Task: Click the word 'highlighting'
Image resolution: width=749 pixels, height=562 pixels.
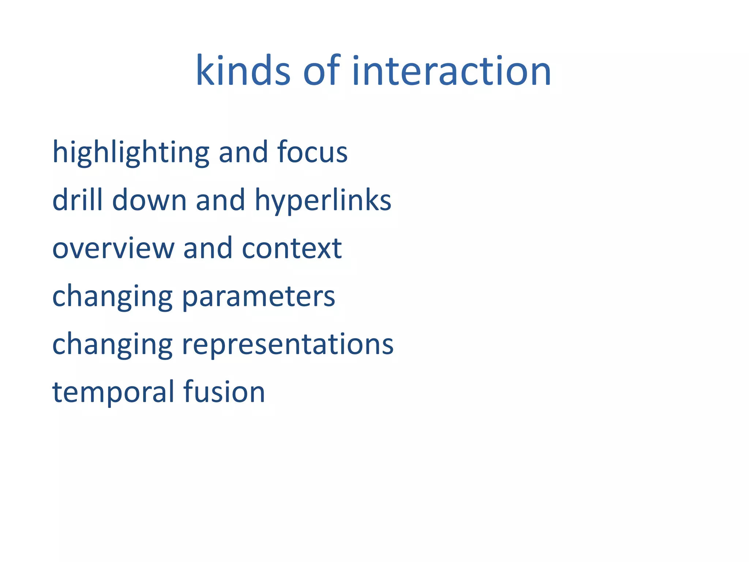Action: click(x=131, y=152)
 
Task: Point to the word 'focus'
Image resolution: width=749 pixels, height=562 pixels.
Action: click(x=312, y=152)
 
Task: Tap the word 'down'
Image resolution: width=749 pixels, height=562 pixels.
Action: click(x=150, y=200)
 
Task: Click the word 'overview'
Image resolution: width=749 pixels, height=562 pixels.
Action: click(x=113, y=248)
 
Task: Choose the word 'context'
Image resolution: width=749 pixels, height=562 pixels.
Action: click(x=292, y=248)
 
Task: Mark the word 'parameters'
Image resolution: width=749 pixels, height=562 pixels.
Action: click(x=259, y=297)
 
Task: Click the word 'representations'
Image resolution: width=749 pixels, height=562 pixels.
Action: click(x=287, y=345)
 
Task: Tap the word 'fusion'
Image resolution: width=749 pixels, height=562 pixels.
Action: click(x=224, y=392)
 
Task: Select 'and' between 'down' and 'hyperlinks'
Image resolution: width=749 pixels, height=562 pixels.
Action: click(x=221, y=200)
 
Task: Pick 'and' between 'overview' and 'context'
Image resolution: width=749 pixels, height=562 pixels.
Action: click(x=208, y=248)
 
